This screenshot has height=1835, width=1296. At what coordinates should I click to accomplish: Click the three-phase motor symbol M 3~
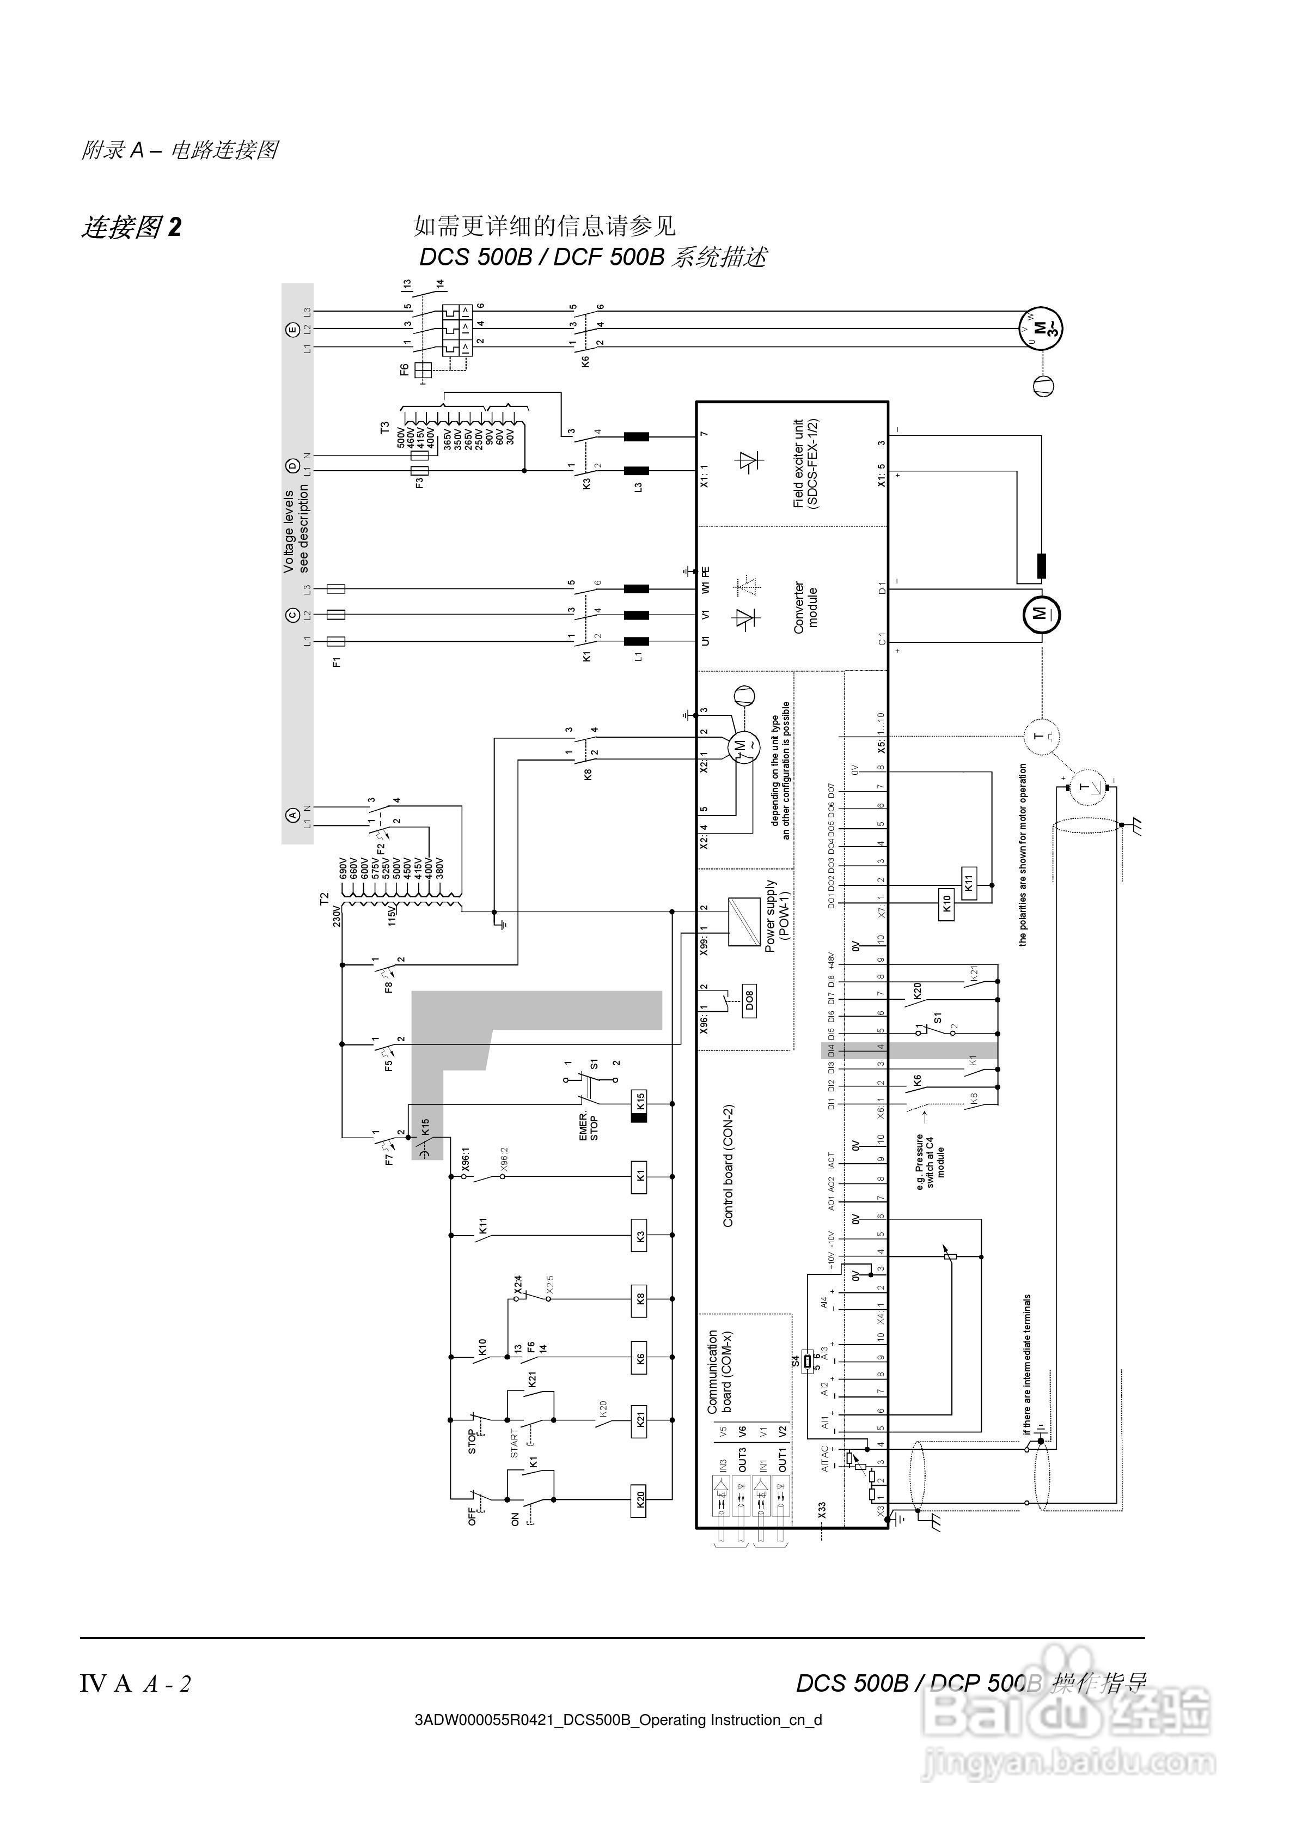(1040, 329)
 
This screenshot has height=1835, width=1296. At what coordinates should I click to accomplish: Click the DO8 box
(749, 999)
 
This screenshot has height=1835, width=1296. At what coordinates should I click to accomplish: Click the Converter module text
(805, 607)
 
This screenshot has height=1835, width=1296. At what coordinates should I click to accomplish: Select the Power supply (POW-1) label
(777, 916)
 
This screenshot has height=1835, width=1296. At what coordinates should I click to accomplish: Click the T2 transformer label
(323, 899)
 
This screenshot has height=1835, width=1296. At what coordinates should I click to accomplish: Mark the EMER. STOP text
(588, 1125)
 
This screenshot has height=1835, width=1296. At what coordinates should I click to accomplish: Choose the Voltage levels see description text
(296, 531)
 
